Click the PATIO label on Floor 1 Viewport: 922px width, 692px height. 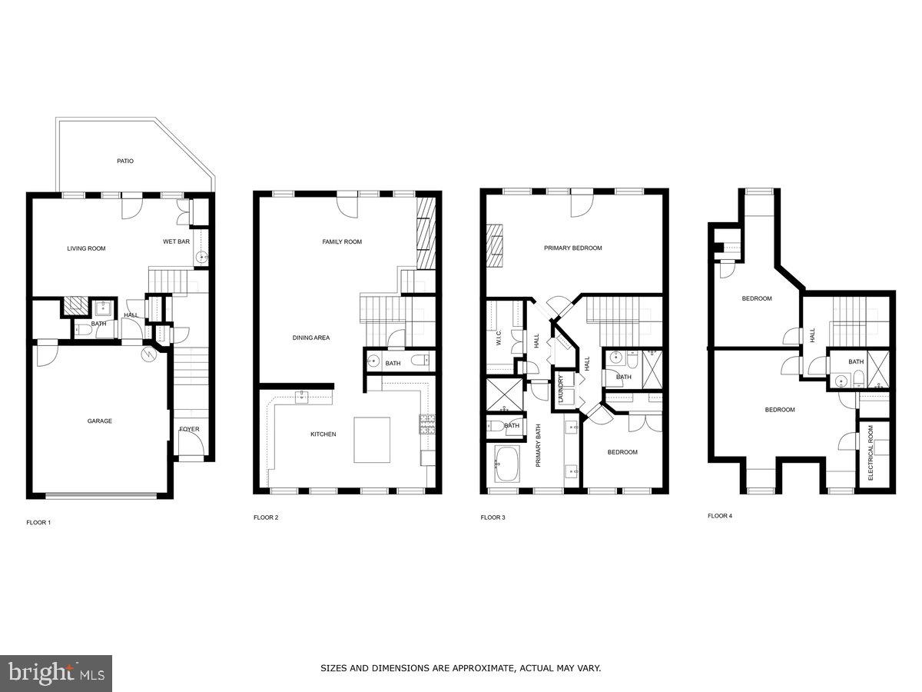coord(125,161)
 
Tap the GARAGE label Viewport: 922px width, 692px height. coord(99,421)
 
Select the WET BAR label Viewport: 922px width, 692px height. coord(176,241)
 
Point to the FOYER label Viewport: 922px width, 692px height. coord(189,429)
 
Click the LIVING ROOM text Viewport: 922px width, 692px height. coord(86,248)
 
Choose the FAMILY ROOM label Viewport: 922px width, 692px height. coord(342,241)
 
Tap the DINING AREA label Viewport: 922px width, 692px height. coord(311,338)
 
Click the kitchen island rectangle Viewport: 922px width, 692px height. coord(372,439)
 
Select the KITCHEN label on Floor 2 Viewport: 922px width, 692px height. coord(323,434)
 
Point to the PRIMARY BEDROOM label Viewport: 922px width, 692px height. coord(573,248)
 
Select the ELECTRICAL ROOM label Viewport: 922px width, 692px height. coord(871,453)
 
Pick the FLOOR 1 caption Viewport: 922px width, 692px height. coord(38,522)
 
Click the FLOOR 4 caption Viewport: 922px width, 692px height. coord(720,516)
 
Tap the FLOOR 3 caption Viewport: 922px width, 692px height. coord(493,517)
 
